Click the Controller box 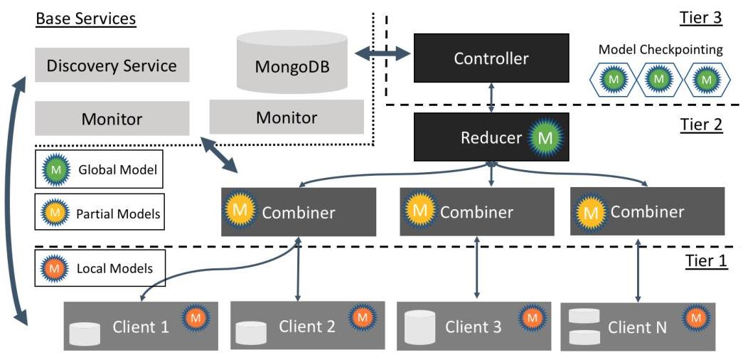[x=491, y=58]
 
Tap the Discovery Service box [x=112, y=66]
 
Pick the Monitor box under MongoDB [x=287, y=117]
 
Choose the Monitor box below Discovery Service [x=112, y=119]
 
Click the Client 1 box [x=141, y=327]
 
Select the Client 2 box [x=307, y=326]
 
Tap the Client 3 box [x=473, y=327]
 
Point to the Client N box [x=638, y=327]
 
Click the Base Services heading [x=85, y=18]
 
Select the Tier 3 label [x=701, y=18]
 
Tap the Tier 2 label [x=701, y=125]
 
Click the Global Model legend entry [x=99, y=170]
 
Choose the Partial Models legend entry [x=99, y=212]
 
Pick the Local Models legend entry [x=99, y=269]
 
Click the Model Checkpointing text [x=661, y=50]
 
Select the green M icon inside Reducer [x=544, y=137]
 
